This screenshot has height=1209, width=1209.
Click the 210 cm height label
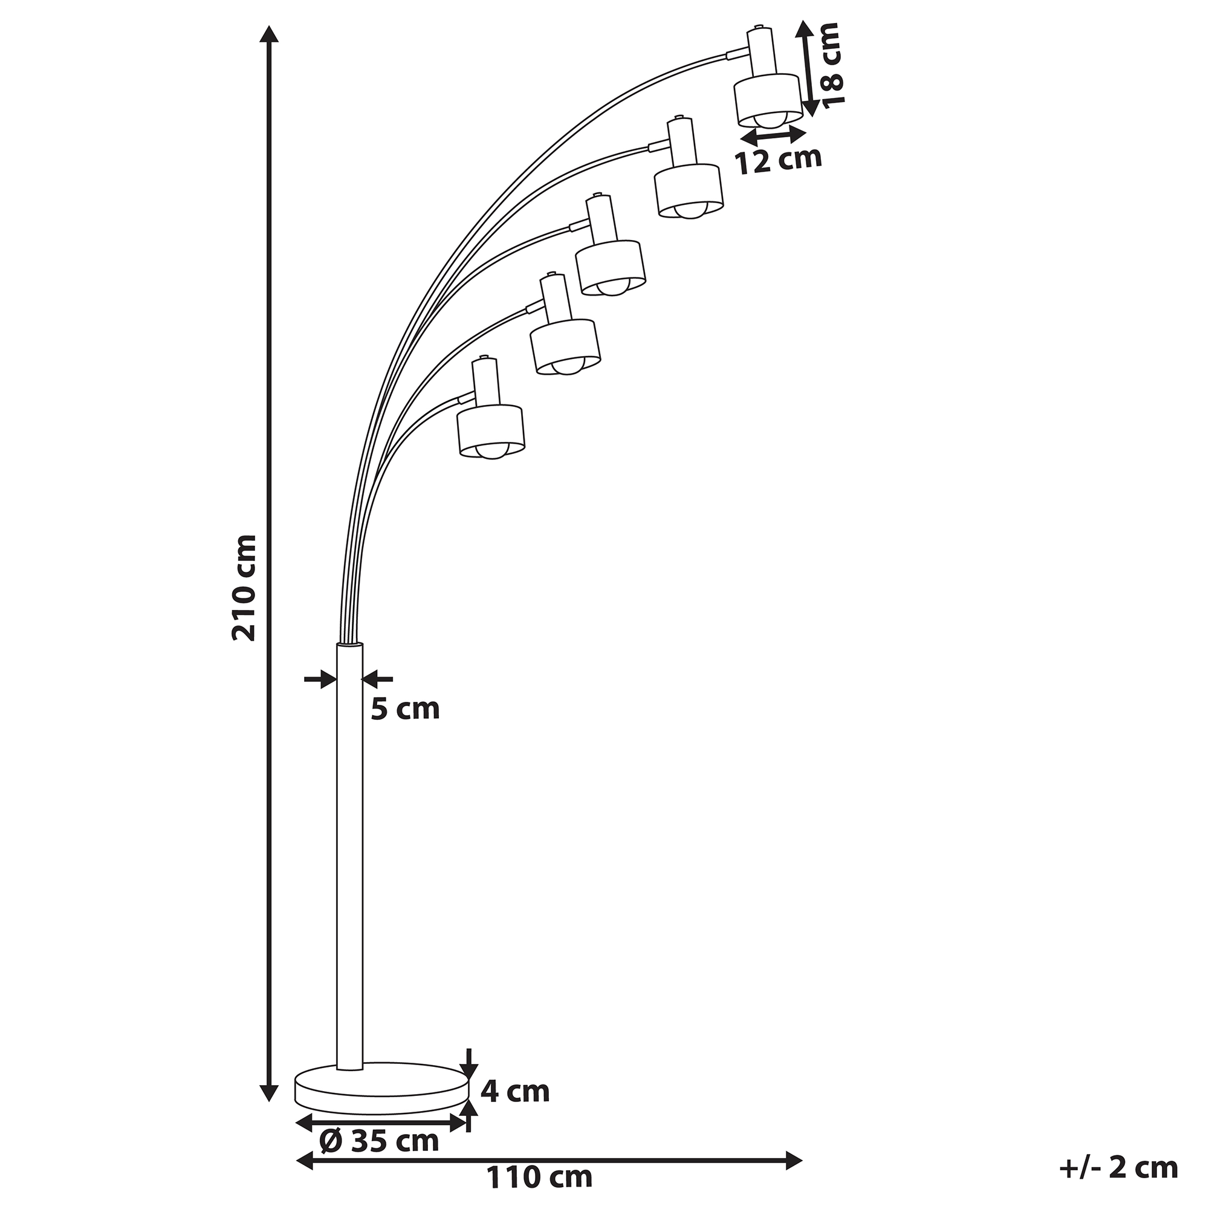coord(244,588)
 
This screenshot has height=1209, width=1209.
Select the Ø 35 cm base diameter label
coord(378,1141)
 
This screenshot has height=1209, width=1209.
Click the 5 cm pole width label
coord(406,709)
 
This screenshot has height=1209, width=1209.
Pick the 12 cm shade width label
coord(778,160)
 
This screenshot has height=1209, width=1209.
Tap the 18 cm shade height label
coord(832,65)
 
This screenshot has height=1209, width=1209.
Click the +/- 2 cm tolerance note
coord(1118,1168)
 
